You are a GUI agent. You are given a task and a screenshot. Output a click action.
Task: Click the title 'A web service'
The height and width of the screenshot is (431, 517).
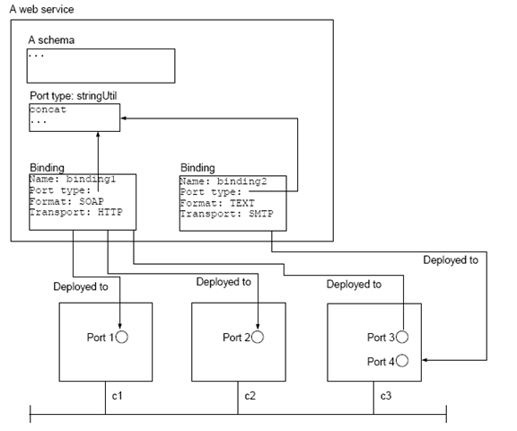(41, 9)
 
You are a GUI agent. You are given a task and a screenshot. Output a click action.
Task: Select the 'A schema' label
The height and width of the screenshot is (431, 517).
(51, 40)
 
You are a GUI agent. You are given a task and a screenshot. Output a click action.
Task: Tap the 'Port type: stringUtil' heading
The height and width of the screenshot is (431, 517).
(74, 96)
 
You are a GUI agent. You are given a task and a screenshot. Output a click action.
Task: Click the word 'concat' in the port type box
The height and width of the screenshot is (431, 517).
(48, 110)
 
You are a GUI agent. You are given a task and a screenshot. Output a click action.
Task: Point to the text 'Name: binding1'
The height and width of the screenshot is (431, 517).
(73, 179)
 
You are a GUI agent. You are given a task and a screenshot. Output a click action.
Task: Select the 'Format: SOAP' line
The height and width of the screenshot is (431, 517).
(66, 201)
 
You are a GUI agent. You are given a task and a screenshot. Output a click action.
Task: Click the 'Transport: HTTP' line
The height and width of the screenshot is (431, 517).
(76, 212)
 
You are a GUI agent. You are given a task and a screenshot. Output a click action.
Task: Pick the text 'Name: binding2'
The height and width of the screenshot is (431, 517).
(223, 181)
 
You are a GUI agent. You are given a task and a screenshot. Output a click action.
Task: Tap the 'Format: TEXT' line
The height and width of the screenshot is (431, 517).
(217, 203)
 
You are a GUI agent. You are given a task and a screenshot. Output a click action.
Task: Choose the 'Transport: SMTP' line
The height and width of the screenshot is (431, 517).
(227, 214)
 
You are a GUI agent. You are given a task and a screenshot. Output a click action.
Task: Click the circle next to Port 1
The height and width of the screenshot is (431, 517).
(122, 337)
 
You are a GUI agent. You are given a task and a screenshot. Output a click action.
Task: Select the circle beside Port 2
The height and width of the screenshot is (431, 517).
(258, 337)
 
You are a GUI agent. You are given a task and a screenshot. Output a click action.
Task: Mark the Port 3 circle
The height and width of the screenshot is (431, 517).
(402, 337)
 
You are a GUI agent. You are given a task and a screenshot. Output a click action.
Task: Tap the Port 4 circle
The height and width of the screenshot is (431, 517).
(402, 360)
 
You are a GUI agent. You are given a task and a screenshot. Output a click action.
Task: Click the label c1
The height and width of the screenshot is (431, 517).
(117, 396)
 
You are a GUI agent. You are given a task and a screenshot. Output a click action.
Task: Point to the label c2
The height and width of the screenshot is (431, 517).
(250, 396)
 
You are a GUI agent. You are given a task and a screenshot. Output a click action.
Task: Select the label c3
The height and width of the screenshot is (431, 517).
(386, 396)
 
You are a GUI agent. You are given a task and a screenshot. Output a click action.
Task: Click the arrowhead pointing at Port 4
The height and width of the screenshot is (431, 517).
(425, 360)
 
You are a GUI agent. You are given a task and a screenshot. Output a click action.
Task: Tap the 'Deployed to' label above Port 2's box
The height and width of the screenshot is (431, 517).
(223, 282)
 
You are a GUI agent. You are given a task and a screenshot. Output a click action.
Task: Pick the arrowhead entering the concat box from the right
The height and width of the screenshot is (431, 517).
(124, 118)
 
